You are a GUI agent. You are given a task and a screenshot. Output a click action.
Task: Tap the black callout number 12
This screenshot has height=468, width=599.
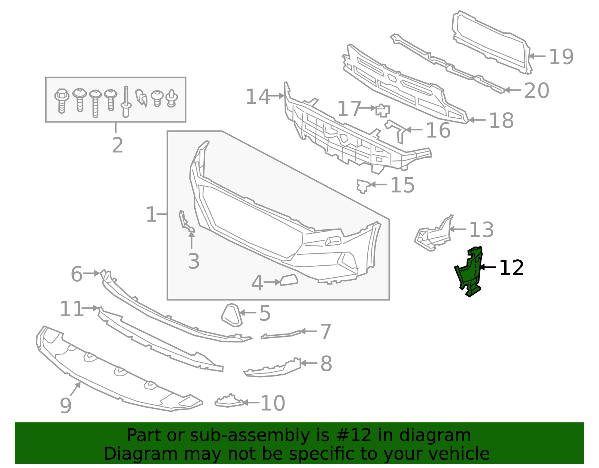tap(511, 268)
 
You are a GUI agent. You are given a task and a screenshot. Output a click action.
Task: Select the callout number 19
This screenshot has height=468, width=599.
tap(561, 57)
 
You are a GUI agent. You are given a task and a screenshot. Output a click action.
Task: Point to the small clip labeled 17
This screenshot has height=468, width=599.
tap(383, 110)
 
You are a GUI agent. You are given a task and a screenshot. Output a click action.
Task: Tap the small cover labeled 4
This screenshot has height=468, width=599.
tap(289, 280)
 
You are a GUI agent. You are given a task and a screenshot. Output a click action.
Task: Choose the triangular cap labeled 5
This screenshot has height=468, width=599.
tap(232, 315)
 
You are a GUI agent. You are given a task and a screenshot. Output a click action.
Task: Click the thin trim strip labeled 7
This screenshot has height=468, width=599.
tap(280, 335)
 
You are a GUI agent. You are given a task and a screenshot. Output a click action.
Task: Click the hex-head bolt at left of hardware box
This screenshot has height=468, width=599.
tap(62, 101)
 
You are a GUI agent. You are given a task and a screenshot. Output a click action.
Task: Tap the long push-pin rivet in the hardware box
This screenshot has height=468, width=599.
tap(126, 102)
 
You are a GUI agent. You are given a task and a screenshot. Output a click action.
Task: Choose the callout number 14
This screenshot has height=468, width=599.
tap(258, 97)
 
